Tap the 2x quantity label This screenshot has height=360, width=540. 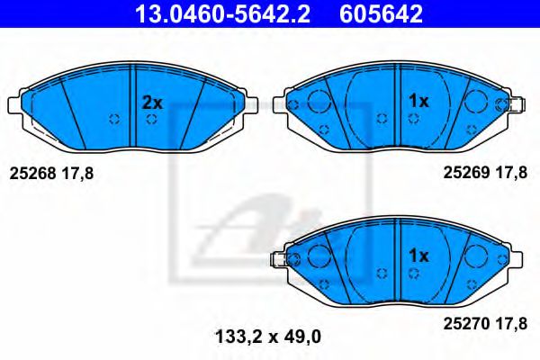click(x=152, y=103)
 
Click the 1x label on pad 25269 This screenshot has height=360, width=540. click(x=418, y=103)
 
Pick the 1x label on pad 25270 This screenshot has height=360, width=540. click(x=418, y=256)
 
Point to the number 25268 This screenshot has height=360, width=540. click(x=31, y=175)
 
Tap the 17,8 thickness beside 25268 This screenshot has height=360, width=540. click(x=77, y=175)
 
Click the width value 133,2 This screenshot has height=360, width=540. click(x=238, y=337)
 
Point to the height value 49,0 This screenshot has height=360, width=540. click(x=303, y=337)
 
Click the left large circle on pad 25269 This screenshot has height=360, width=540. click(x=318, y=103)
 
